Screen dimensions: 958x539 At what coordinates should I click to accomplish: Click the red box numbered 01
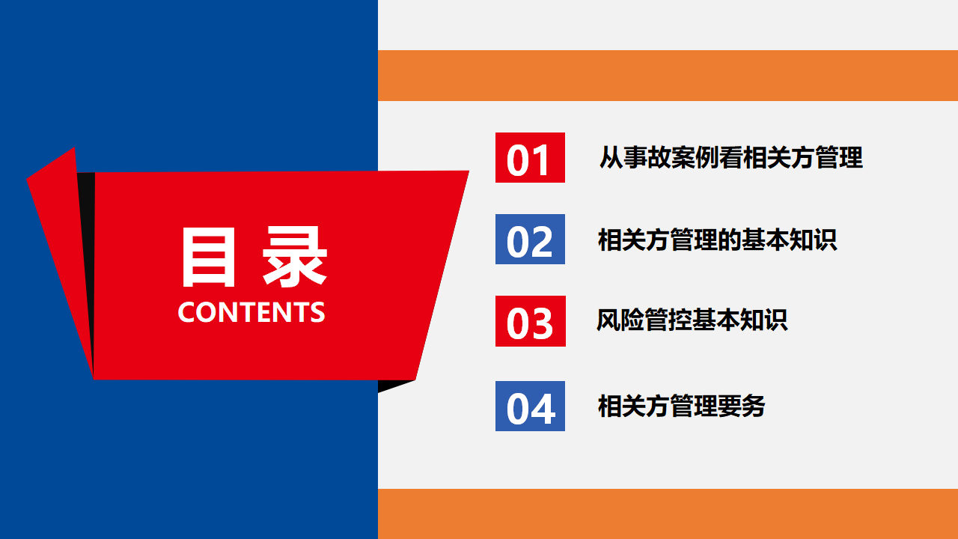coord(530,157)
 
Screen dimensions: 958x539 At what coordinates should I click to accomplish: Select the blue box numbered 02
coord(530,239)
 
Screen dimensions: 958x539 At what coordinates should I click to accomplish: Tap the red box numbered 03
coord(531,321)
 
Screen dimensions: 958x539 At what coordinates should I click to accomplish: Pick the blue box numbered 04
coord(530,406)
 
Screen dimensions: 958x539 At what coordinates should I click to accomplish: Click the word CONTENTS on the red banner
coord(251,312)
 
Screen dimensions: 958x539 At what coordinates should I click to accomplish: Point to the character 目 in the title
coord(209,256)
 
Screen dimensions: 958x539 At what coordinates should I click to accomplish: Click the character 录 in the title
coord(295,256)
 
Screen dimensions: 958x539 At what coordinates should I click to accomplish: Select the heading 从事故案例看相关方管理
coord(731,157)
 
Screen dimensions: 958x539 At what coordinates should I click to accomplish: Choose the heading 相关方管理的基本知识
coord(717,240)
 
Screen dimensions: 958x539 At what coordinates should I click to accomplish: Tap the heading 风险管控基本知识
coord(692,320)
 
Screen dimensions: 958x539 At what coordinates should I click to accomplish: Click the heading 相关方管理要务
coord(682,406)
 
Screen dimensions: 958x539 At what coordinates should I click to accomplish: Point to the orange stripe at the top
coord(668,76)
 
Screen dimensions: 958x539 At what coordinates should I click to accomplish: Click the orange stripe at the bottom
coord(668,514)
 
